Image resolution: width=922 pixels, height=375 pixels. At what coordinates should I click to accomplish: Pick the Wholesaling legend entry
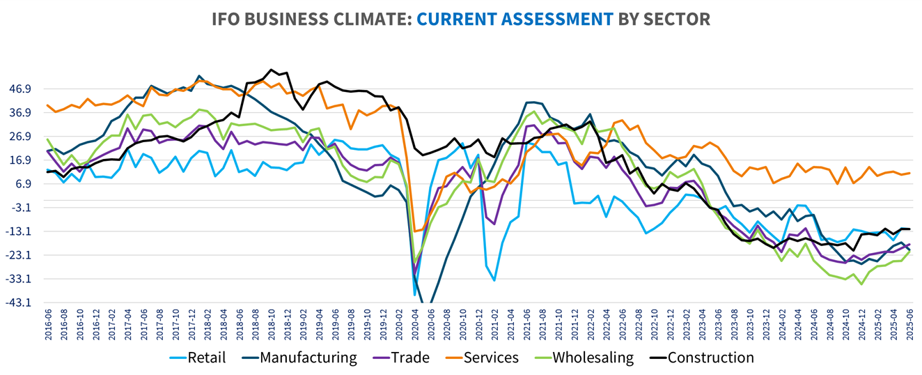pyautogui.click(x=593, y=358)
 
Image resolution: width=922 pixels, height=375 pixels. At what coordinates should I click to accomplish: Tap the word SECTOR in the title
pyautogui.click(x=679, y=20)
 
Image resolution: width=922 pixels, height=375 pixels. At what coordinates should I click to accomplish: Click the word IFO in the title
pyautogui.click(x=228, y=20)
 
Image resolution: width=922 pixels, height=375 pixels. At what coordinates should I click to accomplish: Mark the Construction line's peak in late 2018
pyautogui.click(x=272, y=70)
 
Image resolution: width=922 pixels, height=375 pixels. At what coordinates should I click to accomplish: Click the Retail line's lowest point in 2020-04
pyautogui.click(x=415, y=295)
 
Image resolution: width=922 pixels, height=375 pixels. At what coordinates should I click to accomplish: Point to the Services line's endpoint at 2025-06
pyautogui.click(x=909, y=173)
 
